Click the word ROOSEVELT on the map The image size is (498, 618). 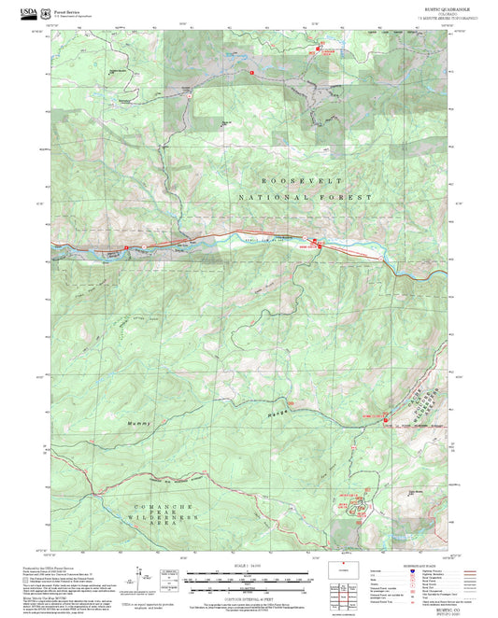click(298, 180)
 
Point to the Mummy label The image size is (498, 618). click(138, 425)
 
